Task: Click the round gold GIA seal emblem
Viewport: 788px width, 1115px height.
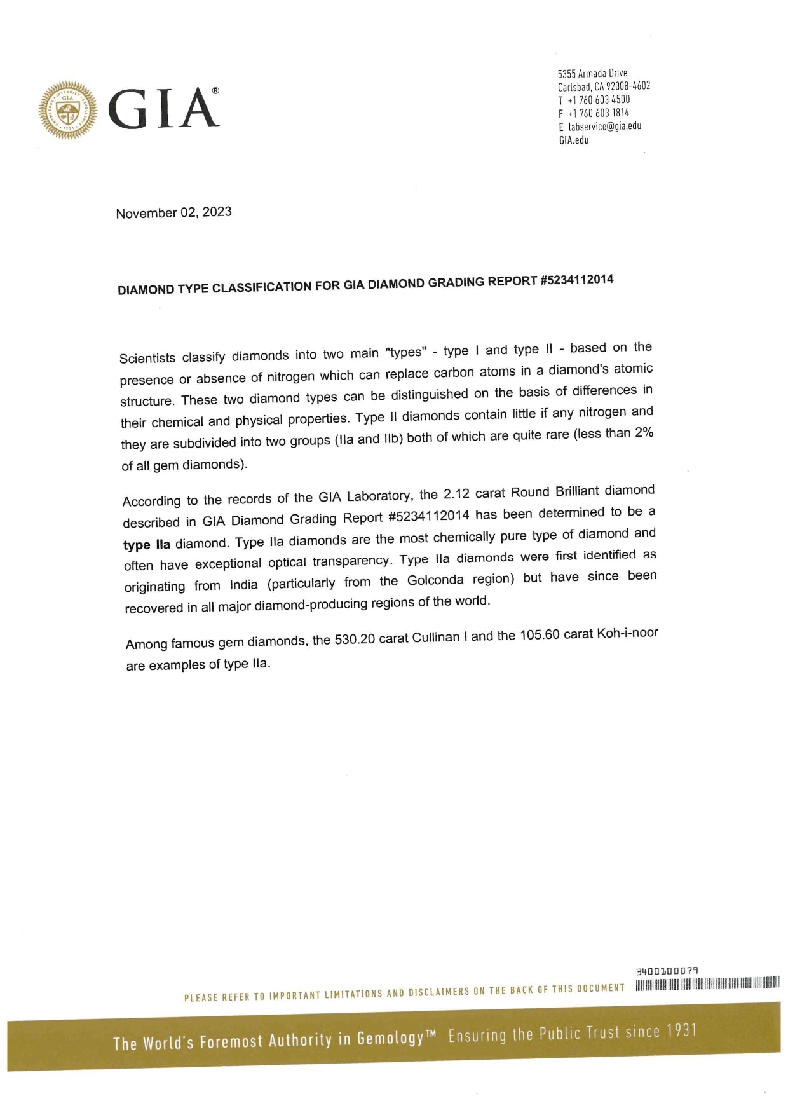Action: coord(68,111)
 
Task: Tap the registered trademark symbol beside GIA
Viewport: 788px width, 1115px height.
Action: coord(215,92)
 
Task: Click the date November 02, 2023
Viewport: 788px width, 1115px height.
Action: coord(173,212)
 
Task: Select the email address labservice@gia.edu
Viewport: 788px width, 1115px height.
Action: coord(604,127)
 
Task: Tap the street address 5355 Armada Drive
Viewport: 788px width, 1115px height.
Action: coord(592,73)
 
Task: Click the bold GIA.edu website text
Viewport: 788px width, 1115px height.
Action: coord(574,140)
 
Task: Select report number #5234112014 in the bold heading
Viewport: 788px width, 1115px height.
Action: coord(576,280)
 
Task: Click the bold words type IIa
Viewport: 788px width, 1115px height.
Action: coord(147,545)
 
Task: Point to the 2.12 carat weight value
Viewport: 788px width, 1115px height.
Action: coord(456,494)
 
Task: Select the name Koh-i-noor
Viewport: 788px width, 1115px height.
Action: coord(627,633)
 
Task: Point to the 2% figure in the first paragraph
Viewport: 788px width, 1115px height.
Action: coord(644,432)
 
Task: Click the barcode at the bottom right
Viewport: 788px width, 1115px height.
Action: coord(707,983)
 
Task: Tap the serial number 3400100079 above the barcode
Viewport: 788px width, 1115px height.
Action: coord(667,971)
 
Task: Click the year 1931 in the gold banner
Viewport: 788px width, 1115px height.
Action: coord(681,1030)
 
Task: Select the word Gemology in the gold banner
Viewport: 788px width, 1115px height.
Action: coord(390,1038)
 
